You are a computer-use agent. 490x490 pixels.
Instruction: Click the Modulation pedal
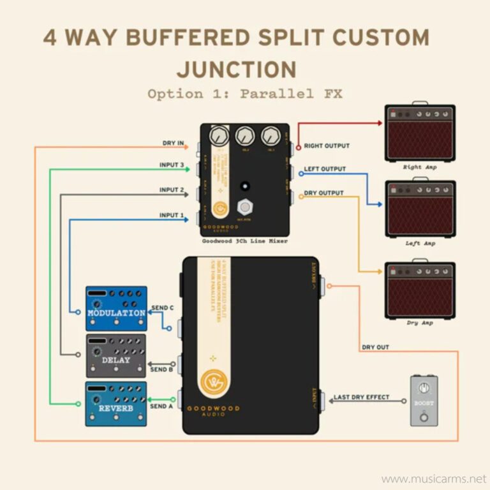[x=116, y=308]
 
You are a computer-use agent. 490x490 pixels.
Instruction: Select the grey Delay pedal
[x=116, y=355]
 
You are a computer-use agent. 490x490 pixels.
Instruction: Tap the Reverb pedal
[x=116, y=403]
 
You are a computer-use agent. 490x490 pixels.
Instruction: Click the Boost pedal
[x=424, y=401]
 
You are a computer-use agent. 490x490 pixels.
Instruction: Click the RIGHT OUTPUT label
[x=327, y=146]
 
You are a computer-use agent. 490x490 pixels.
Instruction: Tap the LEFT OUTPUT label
[x=325, y=169]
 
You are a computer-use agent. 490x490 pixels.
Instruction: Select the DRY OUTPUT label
[x=323, y=193]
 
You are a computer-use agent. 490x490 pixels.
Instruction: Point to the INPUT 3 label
[x=172, y=165]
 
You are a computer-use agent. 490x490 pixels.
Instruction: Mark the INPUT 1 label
[x=172, y=216]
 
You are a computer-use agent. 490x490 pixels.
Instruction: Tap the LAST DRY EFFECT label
[x=361, y=397]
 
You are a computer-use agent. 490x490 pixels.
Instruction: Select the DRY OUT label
[x=376, y=348]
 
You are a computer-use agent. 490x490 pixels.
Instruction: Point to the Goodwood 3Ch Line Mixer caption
[x=244, y=241]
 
